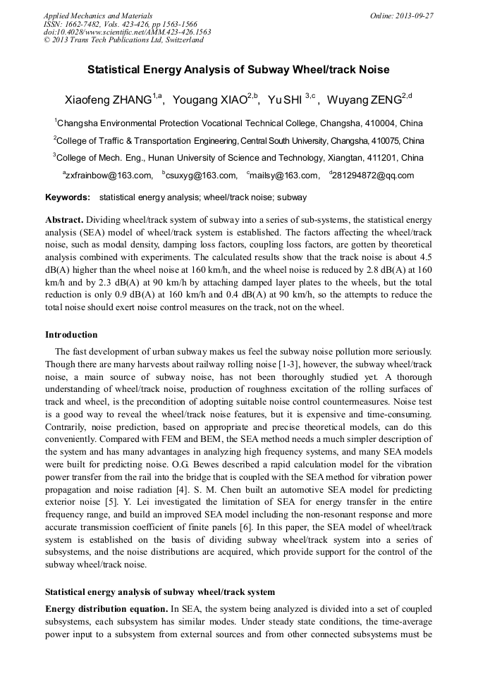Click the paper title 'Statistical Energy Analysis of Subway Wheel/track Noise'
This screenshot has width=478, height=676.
[x=238, y=70]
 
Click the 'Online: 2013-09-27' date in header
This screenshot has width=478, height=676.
[x=402, y=16]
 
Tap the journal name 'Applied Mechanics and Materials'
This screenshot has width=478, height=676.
[x=97, y=16]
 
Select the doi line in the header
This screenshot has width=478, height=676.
[x=127, y=32]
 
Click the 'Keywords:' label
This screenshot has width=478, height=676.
[x=67, y=198]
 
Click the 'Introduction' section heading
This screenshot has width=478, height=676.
[x=71, y=334]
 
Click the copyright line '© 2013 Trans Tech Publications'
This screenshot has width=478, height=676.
[x=123, y=40]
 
